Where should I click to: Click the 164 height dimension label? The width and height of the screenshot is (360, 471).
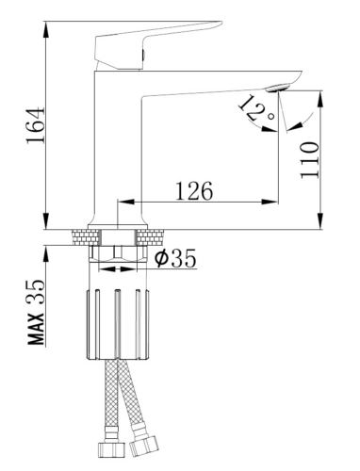tap(35, 125)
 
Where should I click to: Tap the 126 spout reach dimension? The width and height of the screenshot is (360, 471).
tap(194, 191)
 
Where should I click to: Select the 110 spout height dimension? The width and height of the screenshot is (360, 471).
tap(309, 160)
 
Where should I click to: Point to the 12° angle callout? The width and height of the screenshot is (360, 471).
tap(256, 109)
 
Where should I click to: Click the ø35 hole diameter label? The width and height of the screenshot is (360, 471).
tap(175, 258)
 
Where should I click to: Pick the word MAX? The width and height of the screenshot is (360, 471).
tap(37, 329)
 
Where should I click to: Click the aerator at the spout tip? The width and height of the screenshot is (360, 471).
tap(278, 88)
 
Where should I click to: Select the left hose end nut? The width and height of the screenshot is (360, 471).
tap(111, 450)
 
